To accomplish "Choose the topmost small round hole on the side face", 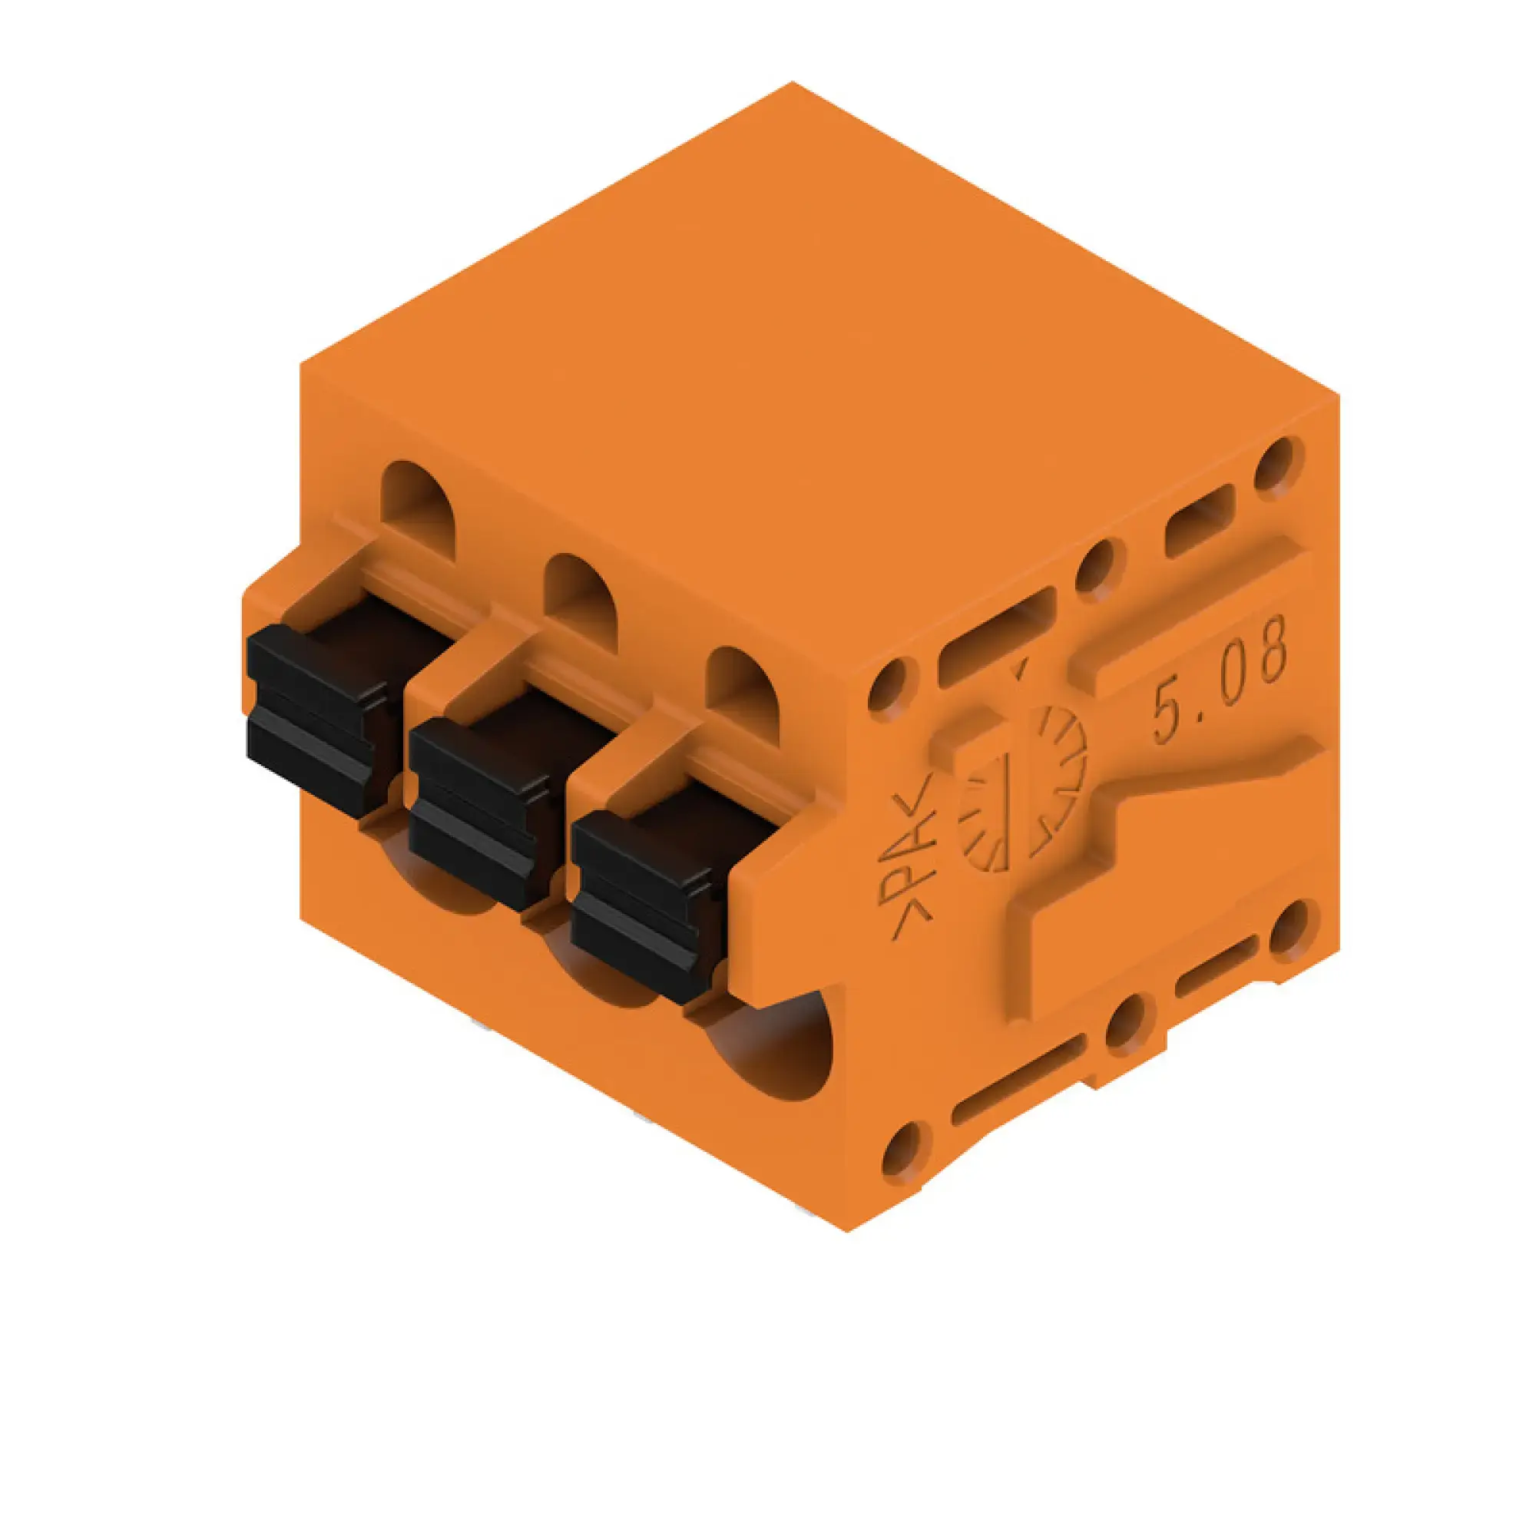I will tap(1279, 462).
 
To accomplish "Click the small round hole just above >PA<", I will tap(888, 684).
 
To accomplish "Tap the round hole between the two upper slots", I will tap(1099, 565).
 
